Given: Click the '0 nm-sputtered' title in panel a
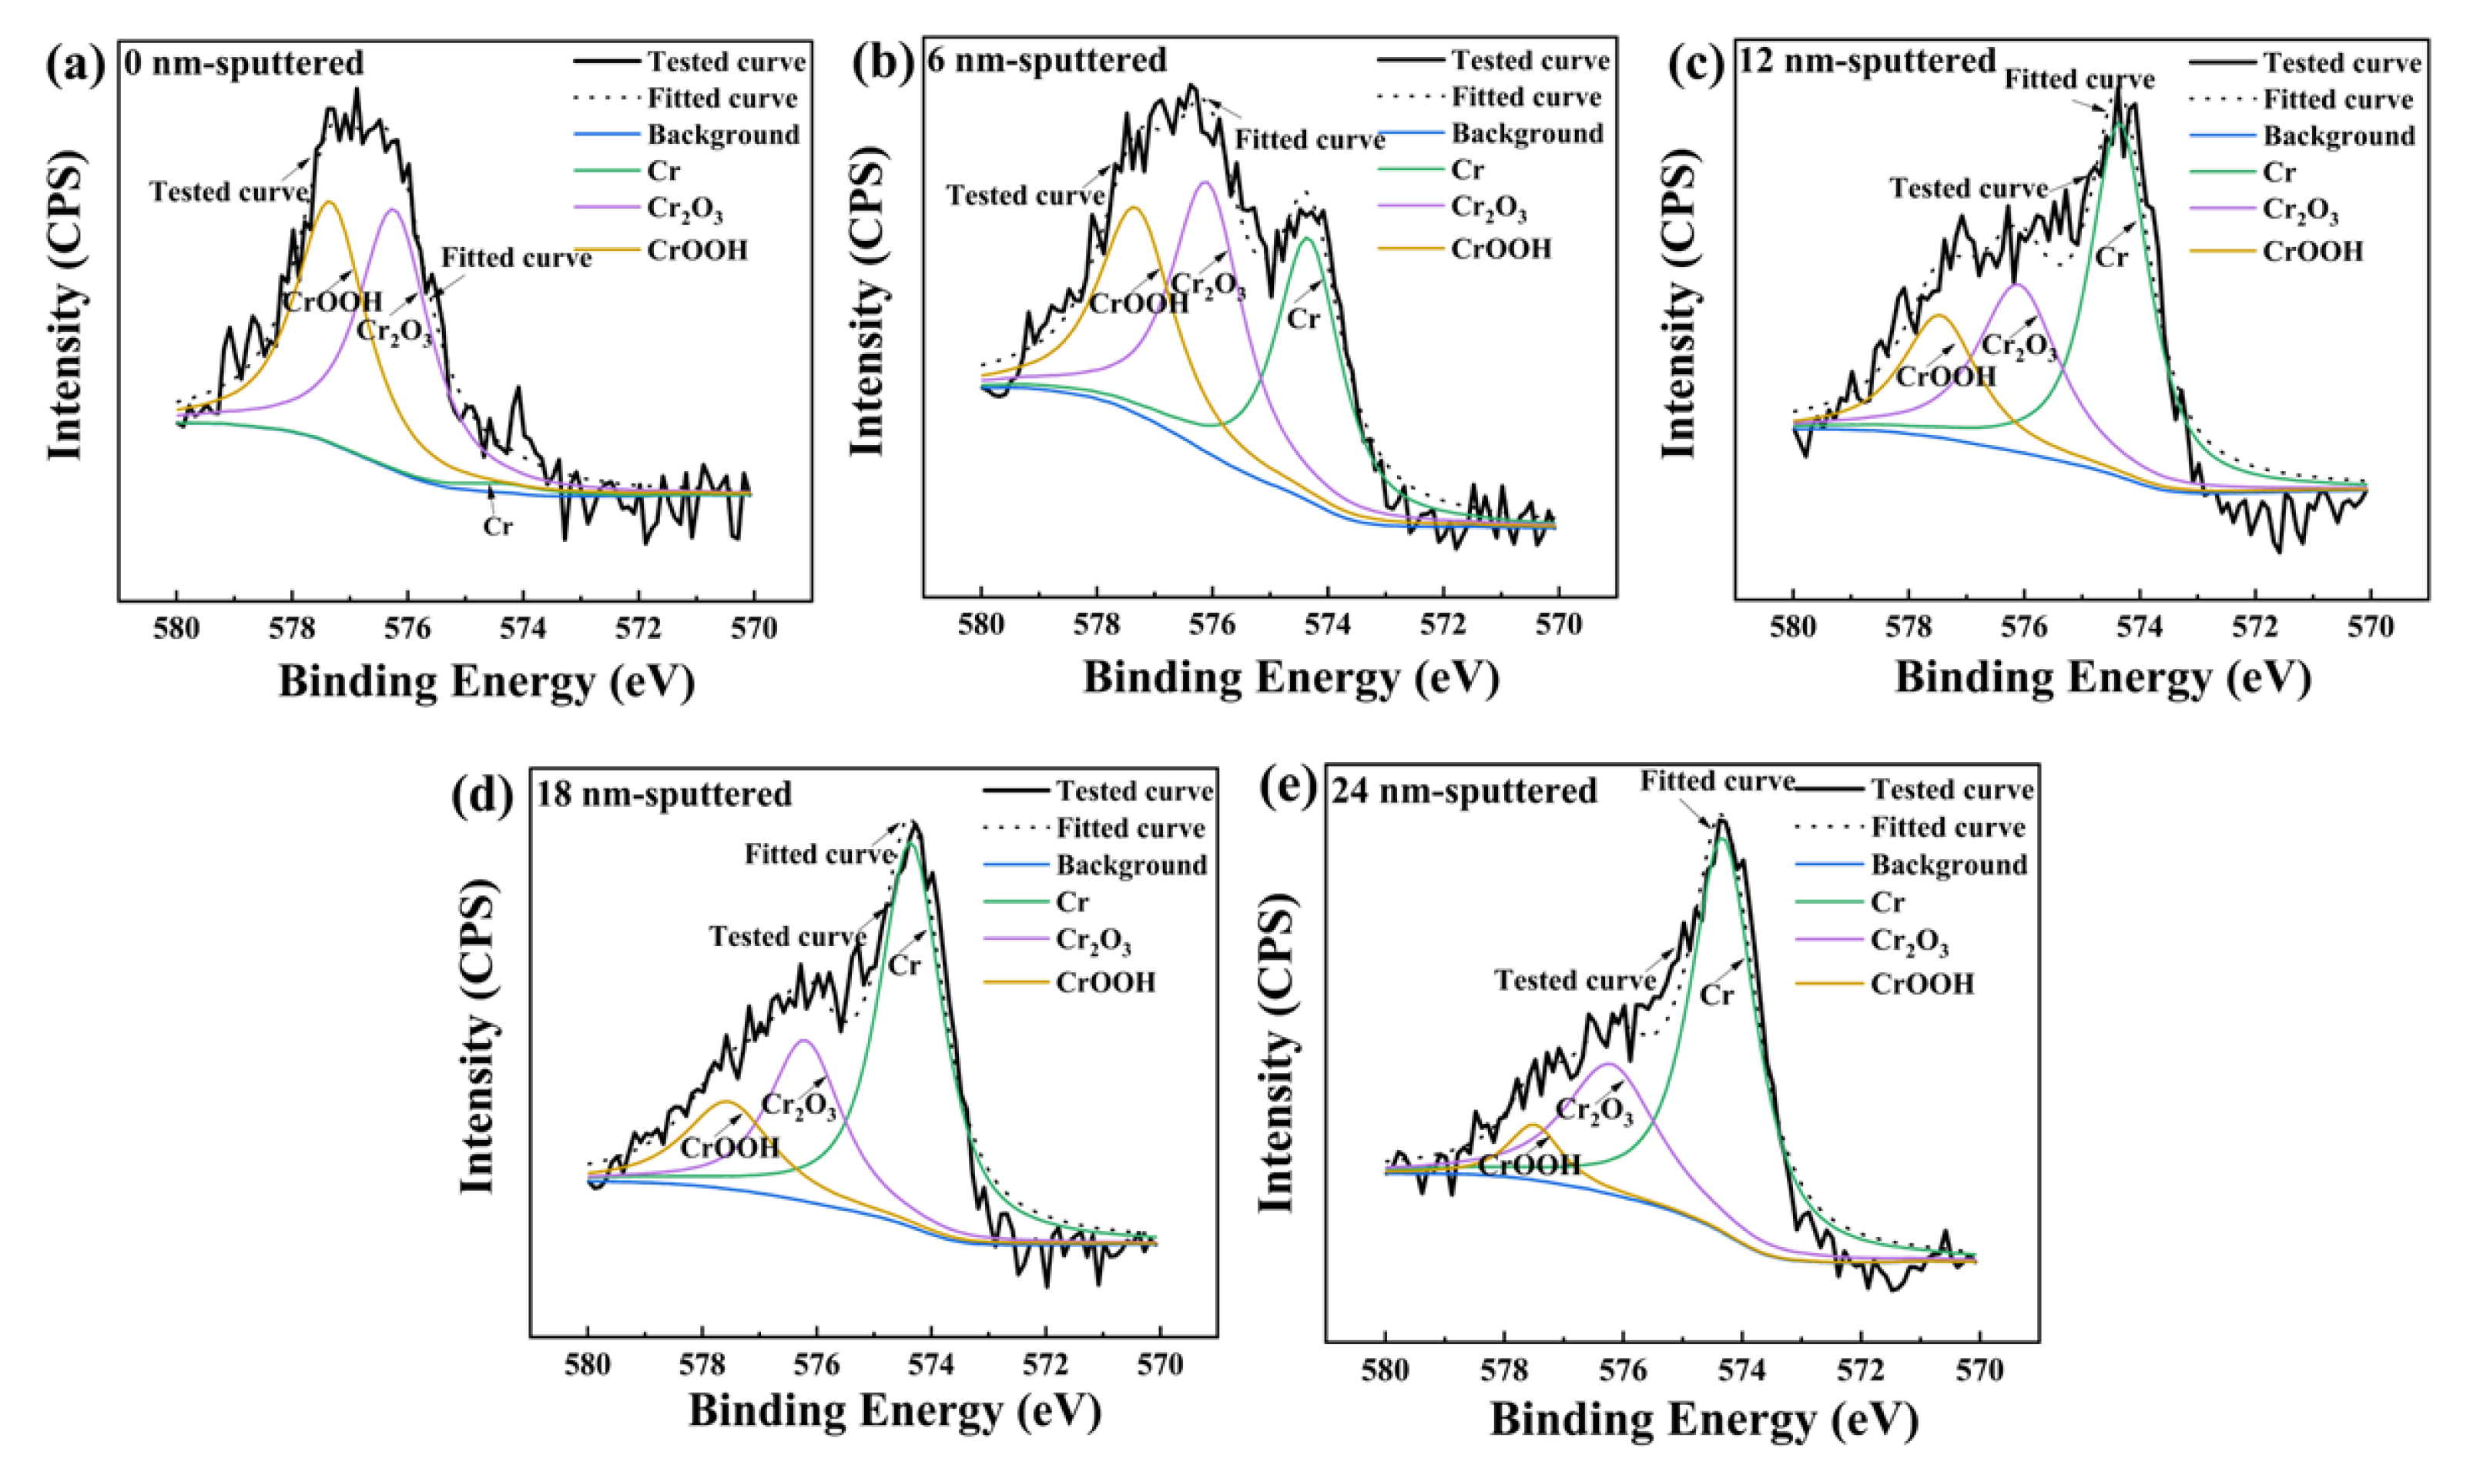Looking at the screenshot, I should [x=244, y=64].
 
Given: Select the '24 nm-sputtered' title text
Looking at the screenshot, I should [x=1463, y=791].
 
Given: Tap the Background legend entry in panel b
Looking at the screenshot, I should [x=1527, y=134].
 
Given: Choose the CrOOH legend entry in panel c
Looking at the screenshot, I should [x=2313, y=252].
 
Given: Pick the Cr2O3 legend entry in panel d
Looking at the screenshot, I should [x=1094, y=941].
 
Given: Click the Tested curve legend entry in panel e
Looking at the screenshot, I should [x=1952, y=790].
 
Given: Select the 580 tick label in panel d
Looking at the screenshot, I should [x=588, y=1366].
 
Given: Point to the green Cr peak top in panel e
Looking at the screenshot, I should [x=1721, y=838].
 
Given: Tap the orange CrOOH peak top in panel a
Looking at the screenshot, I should [x=330, y=202].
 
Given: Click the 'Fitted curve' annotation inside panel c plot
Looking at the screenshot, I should [x=2079, y=80].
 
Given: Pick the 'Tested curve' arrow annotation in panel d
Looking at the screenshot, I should [x=787, y=935].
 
